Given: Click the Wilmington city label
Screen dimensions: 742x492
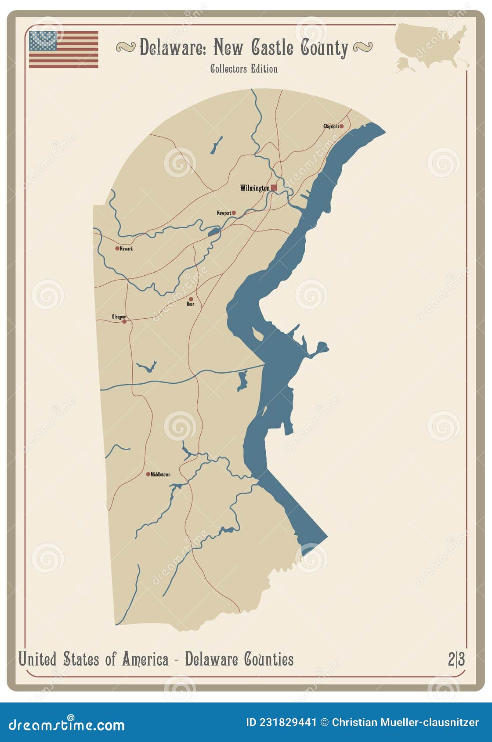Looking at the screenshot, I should click(x=255, y=188).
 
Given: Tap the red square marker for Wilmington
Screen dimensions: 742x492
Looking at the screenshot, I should click(x=274, y=187).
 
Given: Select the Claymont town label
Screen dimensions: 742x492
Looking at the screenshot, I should click(x=331, y=126).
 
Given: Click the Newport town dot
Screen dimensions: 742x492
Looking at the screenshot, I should click(x=234, y=213).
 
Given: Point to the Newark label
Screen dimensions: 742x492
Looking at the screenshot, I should click(x=127, y=249).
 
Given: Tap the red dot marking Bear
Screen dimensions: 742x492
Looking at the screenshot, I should click(x=191, y=299).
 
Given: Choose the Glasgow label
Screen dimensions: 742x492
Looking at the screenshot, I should click(x=119, y=317).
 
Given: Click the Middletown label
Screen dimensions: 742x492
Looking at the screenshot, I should click(x=160, y=475).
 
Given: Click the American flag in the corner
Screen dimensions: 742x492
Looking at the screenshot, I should click(x=64, y=49).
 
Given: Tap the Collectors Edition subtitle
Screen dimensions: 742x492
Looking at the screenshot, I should click(x=243, y=69).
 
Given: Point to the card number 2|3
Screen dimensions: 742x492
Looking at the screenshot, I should click(x=456, y=659).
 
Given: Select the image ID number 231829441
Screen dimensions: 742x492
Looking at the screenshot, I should click(x=288, y=722).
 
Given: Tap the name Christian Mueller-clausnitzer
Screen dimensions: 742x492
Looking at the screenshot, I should click(x=405, y=722).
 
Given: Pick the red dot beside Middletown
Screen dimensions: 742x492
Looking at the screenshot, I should click(x=148, y=474).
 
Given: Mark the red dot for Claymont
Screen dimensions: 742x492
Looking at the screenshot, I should click(x=341, y=126).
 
